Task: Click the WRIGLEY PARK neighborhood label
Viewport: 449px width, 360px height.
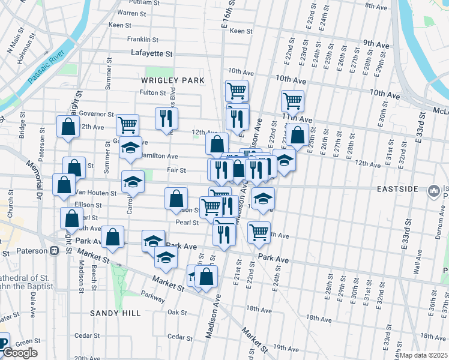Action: (172, 80)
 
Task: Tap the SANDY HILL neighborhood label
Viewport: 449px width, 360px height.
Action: (115, 313)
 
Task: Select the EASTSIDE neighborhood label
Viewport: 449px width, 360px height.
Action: (397, 189)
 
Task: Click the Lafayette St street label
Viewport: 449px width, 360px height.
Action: (152, 53)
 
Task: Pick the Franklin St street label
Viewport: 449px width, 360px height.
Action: (142, 40)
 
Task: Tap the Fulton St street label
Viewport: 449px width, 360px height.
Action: (152, 92)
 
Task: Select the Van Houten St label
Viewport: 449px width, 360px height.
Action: (95, 193)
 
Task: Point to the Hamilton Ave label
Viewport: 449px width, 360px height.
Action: (159, 156)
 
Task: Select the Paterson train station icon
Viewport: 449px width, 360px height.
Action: (55, 251)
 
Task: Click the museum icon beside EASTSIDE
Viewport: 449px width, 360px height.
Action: (433, 191)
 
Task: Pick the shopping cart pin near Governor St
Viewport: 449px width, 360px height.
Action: (127, 124)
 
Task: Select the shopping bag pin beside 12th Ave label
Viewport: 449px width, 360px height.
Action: (68, 126)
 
